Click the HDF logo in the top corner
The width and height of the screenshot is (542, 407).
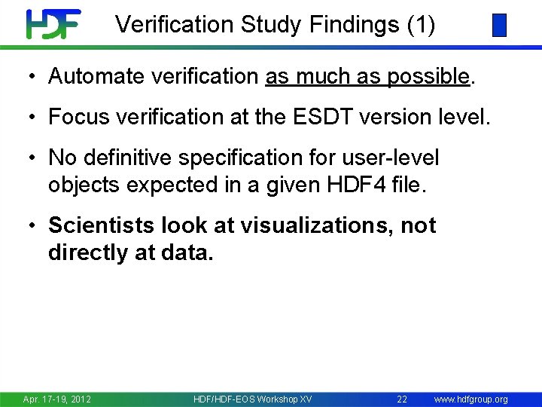click(x=53, y=24)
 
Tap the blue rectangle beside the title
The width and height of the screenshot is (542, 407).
click(x=499, y=26)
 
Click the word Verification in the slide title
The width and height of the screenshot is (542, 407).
click(x=174, y=25)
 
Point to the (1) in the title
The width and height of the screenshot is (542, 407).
click(x=421, y=25)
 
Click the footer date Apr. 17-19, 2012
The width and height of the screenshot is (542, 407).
click(x=57, y=399)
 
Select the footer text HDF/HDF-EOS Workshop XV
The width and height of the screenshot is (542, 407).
click(x=253, y=399)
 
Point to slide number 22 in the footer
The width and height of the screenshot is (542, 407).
click(x=402, y=399)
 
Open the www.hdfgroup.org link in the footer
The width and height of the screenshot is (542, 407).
click(x=471, y=399)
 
